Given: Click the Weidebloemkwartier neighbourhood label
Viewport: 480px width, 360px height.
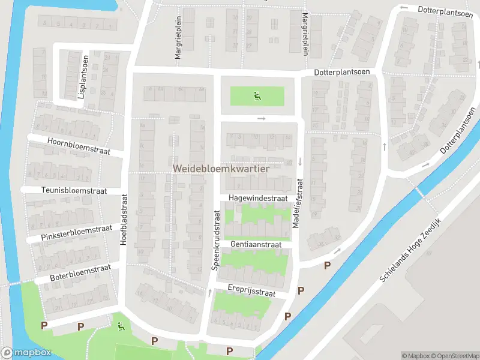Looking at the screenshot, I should (x=221, y=169).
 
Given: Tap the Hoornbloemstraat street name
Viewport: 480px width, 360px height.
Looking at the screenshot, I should (x=77, y=146).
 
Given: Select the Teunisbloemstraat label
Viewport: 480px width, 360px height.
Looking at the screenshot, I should (x=74, y=191).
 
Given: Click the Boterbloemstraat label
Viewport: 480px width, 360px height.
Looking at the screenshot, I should (x=74, y=273).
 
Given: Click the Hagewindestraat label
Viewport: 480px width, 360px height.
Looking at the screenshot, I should (x=258, y=198).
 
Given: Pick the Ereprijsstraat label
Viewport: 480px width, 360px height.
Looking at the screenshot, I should (x=251, y=291).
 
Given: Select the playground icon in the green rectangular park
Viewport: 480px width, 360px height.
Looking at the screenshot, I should (x=257, y=95).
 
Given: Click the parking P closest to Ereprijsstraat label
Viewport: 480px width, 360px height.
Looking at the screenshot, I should (x=301, y=291).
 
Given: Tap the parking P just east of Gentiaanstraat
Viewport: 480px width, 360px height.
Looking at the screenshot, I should (x=328, y=266).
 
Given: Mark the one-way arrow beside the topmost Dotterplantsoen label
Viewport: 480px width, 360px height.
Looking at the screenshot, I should (x=404, y=8).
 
